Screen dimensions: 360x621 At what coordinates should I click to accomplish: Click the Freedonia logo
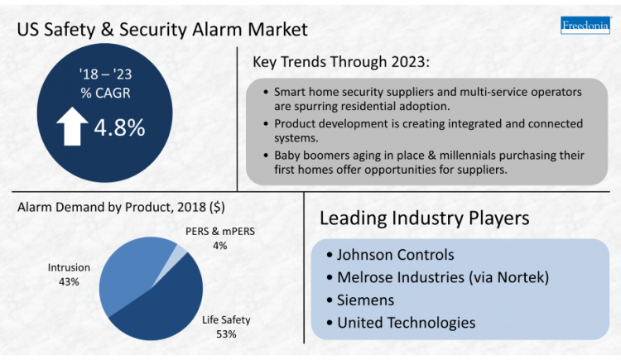585,25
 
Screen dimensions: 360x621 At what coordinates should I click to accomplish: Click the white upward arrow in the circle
72,129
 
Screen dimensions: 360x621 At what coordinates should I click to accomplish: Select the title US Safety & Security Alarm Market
162,29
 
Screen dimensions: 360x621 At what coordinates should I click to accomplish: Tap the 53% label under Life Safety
226,334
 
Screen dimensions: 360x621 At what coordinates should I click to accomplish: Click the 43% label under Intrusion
70,281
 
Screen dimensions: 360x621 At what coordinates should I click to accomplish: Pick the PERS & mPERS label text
208,233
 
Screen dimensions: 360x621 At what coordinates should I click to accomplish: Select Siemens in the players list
365,300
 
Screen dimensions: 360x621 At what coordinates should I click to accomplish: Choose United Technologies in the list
406,322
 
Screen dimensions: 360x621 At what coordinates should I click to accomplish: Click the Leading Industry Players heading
424,218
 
